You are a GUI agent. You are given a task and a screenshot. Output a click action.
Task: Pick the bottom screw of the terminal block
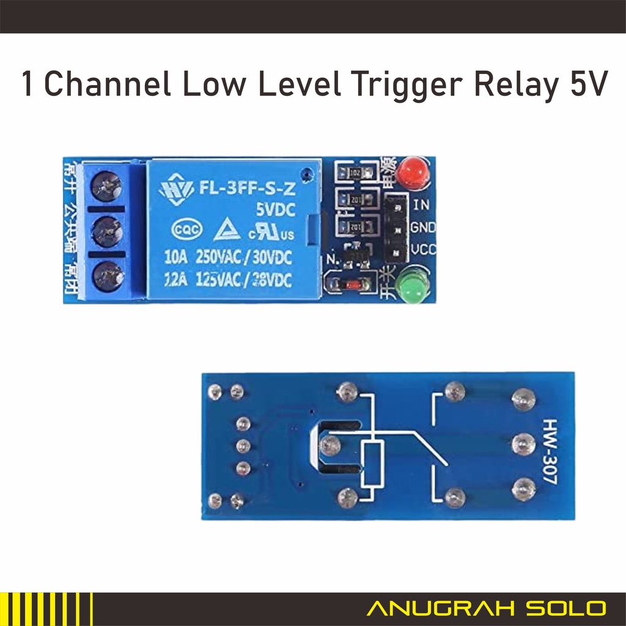pos(108,274)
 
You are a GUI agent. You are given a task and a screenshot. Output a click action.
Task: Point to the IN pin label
pos(421,205)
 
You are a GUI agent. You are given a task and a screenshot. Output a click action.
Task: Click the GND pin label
pos(423,227)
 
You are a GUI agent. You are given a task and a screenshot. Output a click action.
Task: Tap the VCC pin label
pos(423,249)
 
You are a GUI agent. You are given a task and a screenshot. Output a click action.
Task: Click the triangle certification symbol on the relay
pos(226,230)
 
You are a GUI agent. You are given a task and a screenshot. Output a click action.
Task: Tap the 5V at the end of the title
pos(588,84)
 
